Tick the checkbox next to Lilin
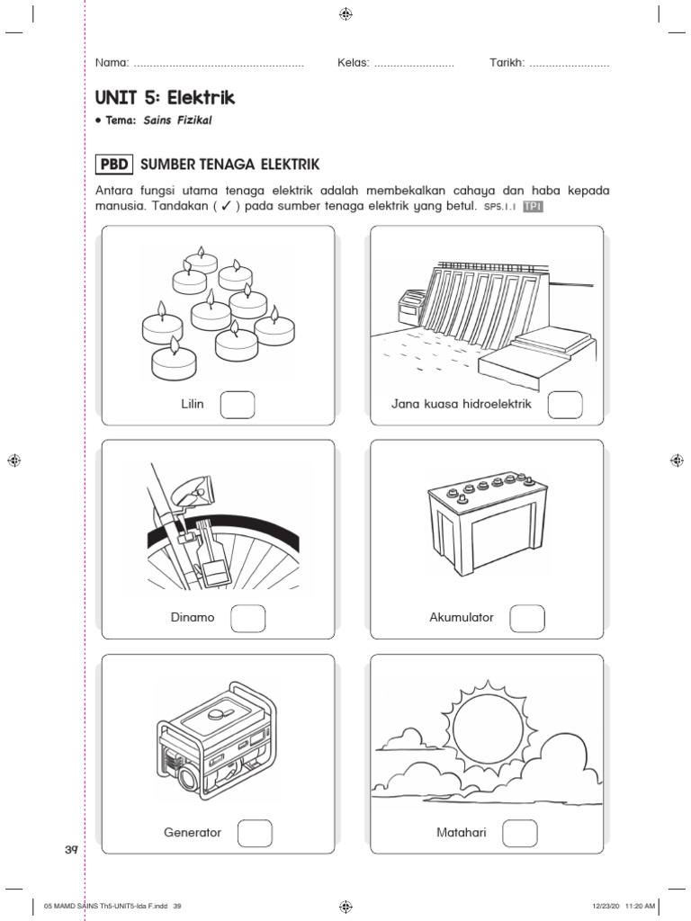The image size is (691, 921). point(238,405)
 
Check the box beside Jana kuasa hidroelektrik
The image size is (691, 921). point(565,405)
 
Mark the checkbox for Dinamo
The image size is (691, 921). point(248,619)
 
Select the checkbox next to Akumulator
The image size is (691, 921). point(527,619)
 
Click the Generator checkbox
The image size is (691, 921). point(255,833)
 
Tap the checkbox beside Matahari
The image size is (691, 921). point(519,833)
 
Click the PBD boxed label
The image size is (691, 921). point(114,165)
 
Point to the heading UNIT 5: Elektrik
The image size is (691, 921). point(165,97)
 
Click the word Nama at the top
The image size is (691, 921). point(112,64)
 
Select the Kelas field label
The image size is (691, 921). point(354,64)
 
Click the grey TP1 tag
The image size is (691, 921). point(534,206)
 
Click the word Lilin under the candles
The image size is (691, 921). point(193,404)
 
